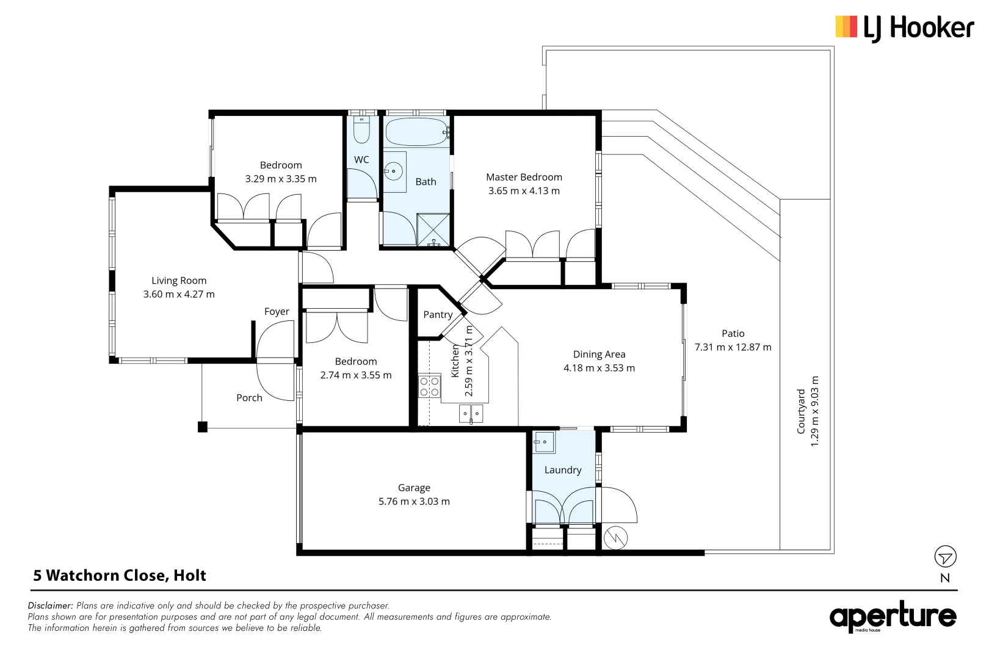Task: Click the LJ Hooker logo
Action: (905, 28)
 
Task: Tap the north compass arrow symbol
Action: (945, 556)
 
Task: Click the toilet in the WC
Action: (361, 130)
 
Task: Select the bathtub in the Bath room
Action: (417, 132)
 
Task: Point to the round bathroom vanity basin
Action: (393, 171)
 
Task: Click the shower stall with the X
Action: (433, 229)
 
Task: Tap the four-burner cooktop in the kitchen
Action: (429, 386)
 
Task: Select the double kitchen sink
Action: (471, 414)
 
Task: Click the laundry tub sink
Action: (544, 442)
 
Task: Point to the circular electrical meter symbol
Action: (615, 538)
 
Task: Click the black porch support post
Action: (202, 427)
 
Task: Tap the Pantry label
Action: (438, 314)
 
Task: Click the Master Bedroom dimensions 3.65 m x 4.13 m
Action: (524, 190)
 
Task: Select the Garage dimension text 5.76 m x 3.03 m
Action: (414, 502)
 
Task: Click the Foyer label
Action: (277, 312)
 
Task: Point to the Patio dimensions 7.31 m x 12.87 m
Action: (733, 347)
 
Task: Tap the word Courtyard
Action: (801, 411)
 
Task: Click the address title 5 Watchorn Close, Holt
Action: (120, 575)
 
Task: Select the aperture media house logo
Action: (893, 617)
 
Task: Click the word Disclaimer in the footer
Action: (50, 605)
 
